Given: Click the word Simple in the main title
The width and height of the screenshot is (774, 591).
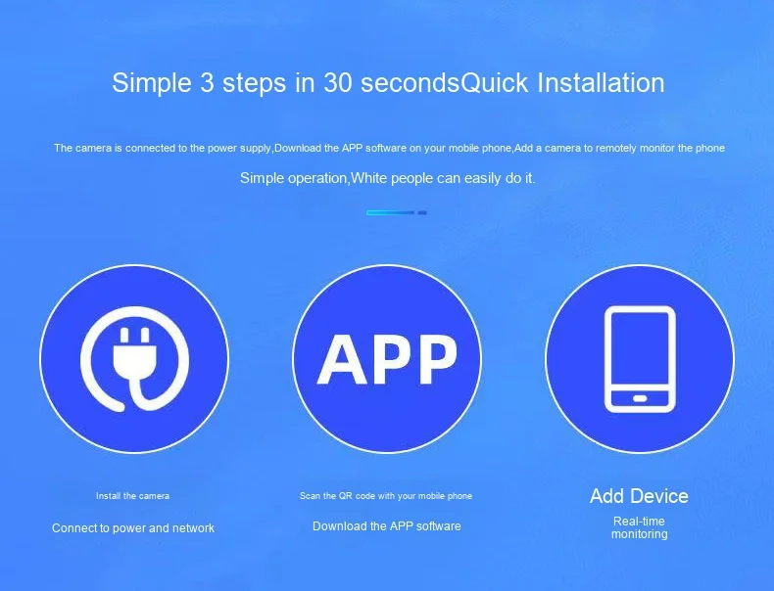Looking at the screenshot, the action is [151, 83].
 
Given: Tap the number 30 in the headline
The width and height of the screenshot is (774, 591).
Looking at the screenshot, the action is [338, 82].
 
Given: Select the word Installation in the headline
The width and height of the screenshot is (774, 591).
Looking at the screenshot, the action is [601, 82].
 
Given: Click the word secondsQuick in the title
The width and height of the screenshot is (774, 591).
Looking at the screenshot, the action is [444, 82].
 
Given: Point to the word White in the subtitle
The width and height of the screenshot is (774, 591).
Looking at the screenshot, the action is [367, 178].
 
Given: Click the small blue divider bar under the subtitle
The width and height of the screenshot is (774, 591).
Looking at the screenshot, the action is [397, 212].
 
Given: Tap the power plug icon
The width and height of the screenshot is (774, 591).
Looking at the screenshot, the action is [134, 359].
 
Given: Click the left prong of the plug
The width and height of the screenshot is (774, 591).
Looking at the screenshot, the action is [124, 336].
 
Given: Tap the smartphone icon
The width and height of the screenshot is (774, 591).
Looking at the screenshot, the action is [640, 359].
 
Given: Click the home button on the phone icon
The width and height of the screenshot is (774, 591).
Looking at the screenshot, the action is [640, 398].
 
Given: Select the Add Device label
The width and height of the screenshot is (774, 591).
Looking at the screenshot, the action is [639, 496].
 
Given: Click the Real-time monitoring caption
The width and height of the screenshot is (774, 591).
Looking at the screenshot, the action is [639, 527].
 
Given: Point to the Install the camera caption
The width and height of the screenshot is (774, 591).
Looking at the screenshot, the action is [132, 496].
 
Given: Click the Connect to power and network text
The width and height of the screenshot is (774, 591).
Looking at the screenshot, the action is [133, 528].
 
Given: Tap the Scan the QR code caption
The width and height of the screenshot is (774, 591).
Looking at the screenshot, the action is [385, 496].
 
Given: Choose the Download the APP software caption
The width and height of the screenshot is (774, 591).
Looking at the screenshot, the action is [386, 526].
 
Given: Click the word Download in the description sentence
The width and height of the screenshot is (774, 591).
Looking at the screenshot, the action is [298, 148].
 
